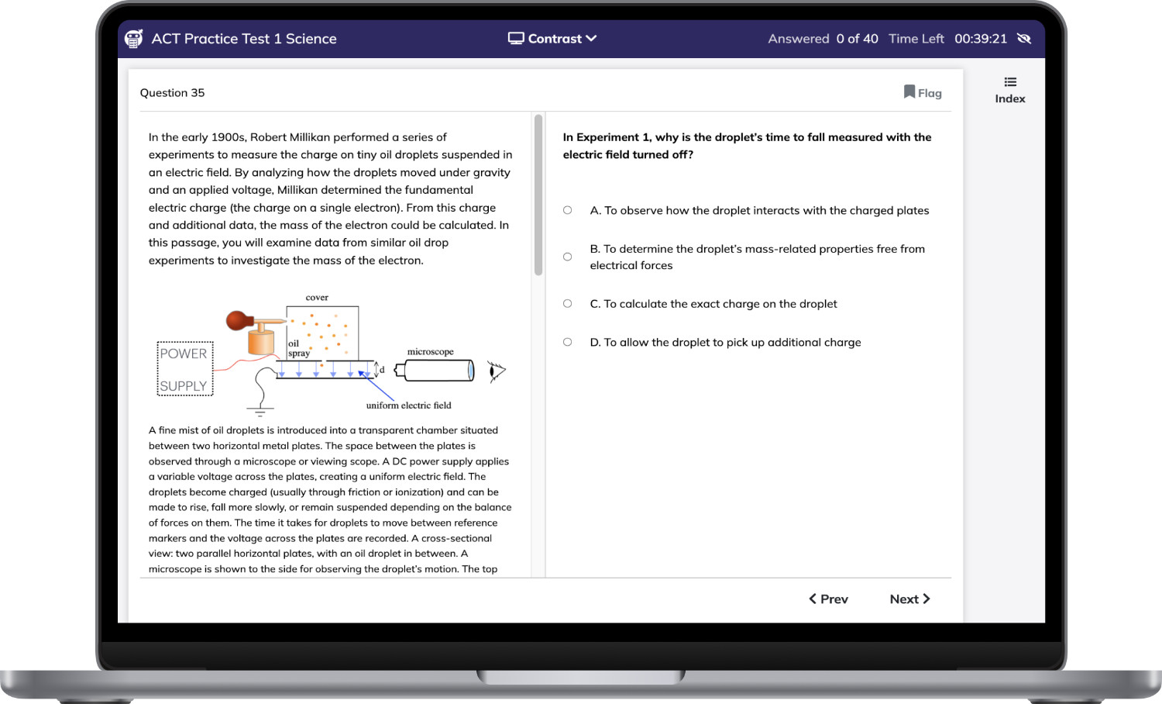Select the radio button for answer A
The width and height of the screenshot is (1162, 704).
(x=568, y=210)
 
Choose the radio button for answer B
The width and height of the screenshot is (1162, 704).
(x=568, y=257)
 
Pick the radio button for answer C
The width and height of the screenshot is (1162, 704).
(x=568, y=304)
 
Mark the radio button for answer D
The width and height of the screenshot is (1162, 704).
(x=568, y=342)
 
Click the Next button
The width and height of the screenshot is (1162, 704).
(x=910, y=599)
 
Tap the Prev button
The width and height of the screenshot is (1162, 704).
(x=828, y=599)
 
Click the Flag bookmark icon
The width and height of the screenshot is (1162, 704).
(x=909, y=92)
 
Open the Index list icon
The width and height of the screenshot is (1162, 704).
(x=1010, y=82)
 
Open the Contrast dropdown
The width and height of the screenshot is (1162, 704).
(x=552, y=39)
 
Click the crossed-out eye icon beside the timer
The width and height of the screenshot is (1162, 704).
(x=1024, y=39)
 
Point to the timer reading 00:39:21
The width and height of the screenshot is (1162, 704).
(x=981, y=39)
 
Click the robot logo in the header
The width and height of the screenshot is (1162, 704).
(x=134, y=39)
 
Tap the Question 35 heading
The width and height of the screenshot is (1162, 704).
(x=172, y=92)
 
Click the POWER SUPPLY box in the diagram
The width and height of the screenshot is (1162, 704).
(x=185, y=368)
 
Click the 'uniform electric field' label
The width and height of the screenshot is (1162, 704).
(x=409, y=405)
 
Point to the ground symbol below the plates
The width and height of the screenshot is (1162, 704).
(x=260, y=412)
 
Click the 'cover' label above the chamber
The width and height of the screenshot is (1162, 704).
(x=317, y=298)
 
